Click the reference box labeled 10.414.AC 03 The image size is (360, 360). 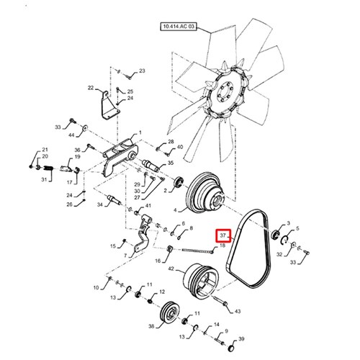(x=179, y=27)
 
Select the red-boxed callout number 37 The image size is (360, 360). (x=223, y=235)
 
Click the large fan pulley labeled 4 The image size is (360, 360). (x=205, y=193)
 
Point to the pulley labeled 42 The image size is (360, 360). (x=201, y=280)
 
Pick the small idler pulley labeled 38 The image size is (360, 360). (x=170, y=312)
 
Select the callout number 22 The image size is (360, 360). (x=91, y=88)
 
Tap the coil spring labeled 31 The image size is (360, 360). (x=48, y=168)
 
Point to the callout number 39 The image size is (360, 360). (x=241, y=339)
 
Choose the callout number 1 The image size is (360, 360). (x=140, y=132)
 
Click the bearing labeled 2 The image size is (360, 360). (x=179, y=182)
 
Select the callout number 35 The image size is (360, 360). (x=171, y=163)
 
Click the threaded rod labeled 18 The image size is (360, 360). (x=198, y=251)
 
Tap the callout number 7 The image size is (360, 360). (x=125, y=256)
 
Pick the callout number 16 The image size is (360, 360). (x=158, y=261)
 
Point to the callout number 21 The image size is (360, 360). (x=45, y=150)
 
